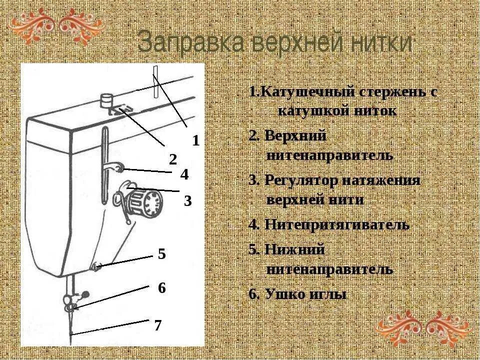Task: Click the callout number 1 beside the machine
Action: click(x=196, y=141)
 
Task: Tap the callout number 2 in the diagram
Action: click(x=173, y=160)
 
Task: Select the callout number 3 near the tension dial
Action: click(x=187, y=201)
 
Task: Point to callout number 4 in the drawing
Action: click(x=184, y=175)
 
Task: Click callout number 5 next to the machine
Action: click(x=161, y=254)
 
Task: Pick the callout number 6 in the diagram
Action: click(x=161, y=288)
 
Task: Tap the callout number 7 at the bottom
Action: click(x=157, y=325)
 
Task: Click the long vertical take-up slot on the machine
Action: click(x=104, y=165)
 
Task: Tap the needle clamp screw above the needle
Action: click(x=85, y=293)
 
